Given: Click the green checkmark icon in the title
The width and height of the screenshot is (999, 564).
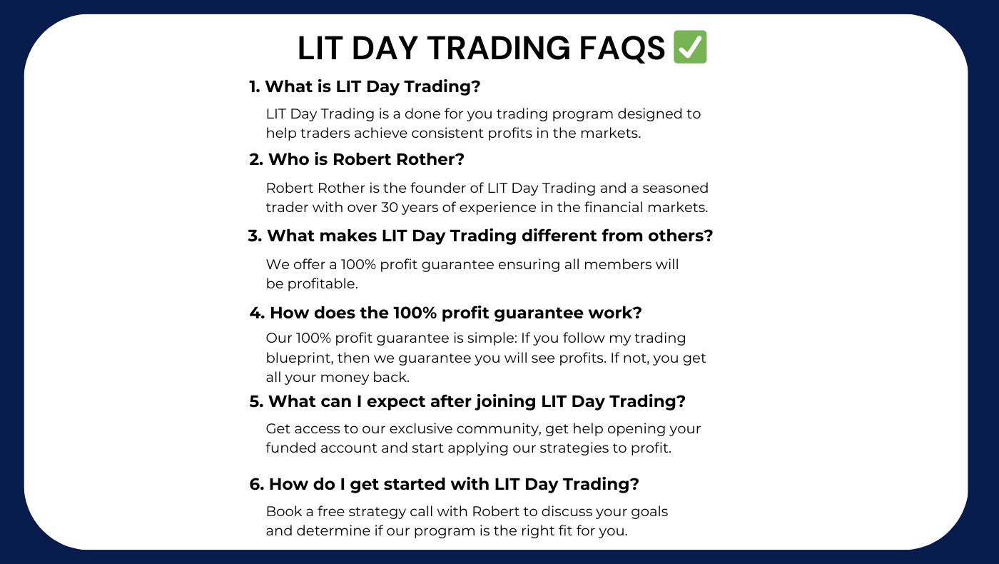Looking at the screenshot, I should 689,47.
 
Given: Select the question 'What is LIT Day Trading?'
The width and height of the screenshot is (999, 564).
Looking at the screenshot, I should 365,86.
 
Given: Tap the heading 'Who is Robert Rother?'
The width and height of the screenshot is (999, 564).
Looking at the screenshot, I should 357,159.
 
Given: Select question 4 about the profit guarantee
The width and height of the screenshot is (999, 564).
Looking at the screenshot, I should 446,313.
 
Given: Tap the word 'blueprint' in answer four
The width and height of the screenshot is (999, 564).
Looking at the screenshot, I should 298,358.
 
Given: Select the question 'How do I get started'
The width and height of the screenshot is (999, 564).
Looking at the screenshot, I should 444,484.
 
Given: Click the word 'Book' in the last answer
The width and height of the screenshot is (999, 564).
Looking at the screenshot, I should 282,511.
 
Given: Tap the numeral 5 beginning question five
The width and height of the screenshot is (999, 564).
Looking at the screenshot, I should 254,402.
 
